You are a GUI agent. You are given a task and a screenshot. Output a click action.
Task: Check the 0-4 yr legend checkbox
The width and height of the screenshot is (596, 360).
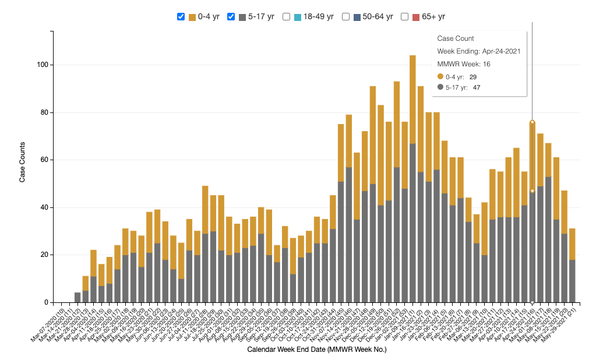(181, 17)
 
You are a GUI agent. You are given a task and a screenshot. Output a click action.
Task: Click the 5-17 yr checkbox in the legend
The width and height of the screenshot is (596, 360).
(231, 17)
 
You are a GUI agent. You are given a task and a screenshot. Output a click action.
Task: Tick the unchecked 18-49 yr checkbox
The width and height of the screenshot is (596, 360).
(286, 17)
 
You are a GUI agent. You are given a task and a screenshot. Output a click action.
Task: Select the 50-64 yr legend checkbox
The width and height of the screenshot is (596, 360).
(346, 17)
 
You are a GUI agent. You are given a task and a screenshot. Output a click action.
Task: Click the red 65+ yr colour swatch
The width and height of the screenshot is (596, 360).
(416, 17)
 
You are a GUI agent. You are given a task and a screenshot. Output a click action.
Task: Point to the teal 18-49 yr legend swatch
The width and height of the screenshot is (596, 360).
(297, 17)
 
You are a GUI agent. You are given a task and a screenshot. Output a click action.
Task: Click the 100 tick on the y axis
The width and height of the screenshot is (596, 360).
(43, 65)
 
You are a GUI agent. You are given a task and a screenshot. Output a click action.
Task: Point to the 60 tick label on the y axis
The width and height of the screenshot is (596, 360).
(44, 160)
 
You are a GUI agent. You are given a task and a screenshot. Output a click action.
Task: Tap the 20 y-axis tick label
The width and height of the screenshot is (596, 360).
(44, 255)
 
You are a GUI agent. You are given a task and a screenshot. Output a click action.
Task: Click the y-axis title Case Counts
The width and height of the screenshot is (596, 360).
(22, 162)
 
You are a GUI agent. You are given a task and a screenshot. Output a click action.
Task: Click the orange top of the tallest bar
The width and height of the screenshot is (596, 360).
(412, 99)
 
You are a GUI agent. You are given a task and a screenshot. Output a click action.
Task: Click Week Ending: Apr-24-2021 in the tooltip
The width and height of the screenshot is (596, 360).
(479, 51)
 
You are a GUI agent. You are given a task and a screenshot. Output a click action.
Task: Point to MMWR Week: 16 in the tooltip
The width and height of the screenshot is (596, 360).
(464, 64)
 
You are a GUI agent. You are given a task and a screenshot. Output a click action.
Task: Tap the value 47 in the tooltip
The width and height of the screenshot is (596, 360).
(477, 87)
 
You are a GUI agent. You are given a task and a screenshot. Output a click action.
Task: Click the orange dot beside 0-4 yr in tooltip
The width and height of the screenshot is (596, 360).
(440, 76)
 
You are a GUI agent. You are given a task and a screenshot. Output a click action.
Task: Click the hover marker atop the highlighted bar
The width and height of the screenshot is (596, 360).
(532, 122)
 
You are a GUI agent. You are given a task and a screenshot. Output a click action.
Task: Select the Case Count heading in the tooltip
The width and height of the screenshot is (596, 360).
(456, 38)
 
